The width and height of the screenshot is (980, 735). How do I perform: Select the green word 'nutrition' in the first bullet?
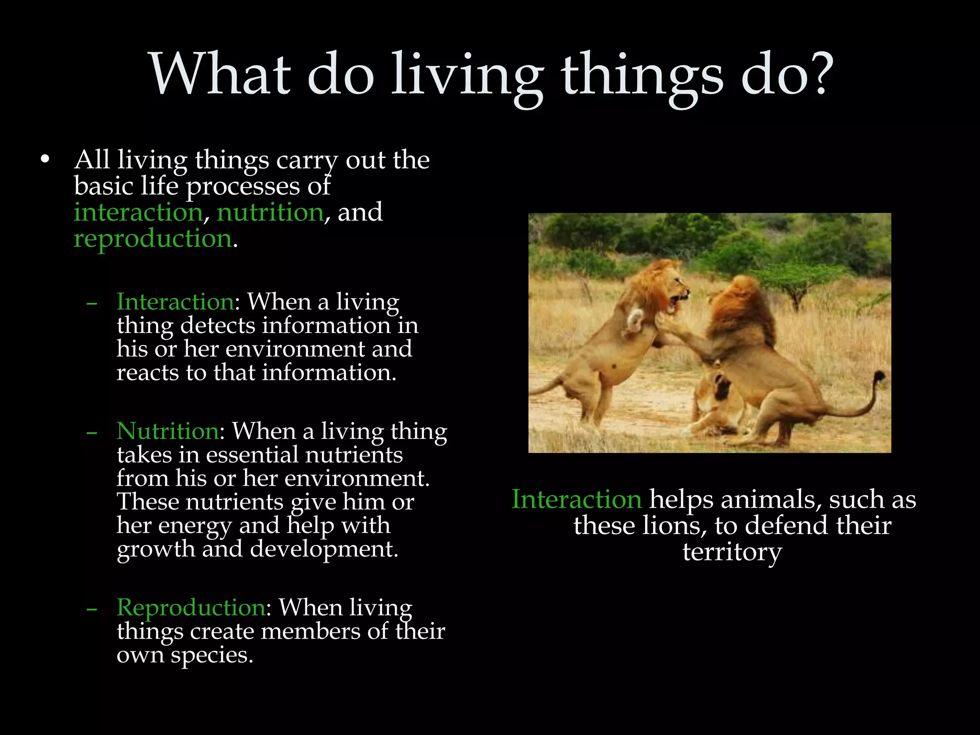(270, 212)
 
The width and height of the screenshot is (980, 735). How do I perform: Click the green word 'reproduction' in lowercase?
(153, 238)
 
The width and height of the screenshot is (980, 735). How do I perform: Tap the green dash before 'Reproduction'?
(92, 609)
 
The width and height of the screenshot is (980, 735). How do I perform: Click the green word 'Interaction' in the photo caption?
(577, 500)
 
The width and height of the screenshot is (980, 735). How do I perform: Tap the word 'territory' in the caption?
(732, 552)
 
